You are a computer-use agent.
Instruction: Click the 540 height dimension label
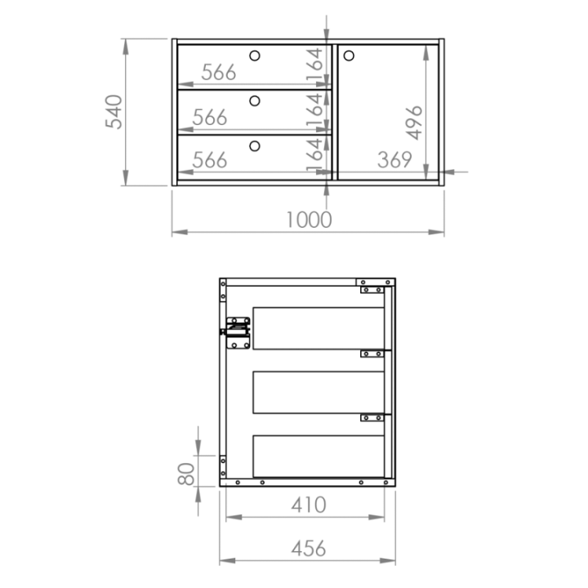point(114,112)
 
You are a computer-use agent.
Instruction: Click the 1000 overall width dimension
point(309,220)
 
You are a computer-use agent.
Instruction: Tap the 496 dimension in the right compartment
point(414,122)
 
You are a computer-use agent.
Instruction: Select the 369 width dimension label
point(394,160)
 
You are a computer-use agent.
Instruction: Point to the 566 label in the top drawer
point(219,72)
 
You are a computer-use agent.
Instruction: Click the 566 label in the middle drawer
point(210,118)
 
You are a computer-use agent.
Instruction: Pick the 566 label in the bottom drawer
point(210,160)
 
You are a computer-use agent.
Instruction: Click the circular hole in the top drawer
point(255,56)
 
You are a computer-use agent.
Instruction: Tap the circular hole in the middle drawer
point(255,101)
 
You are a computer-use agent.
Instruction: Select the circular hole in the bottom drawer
point(255,146)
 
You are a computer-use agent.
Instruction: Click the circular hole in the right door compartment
point(349,56)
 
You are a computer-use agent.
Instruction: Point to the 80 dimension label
point(186,474)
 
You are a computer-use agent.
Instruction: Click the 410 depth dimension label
point(309,505)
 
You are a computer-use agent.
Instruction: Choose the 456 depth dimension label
point(309,549)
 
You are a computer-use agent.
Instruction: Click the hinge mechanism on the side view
point(236,333)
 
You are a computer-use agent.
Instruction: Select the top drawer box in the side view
point(318,328)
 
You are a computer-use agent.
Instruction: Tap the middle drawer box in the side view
point(318,393)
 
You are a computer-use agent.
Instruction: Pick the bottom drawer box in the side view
point(318,457)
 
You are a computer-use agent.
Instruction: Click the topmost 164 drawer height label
point(314,65)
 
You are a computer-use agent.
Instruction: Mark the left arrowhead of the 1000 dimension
point(180,232)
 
